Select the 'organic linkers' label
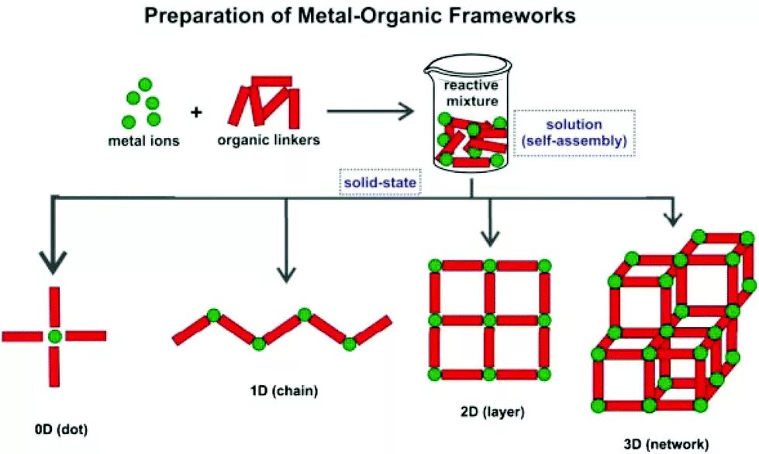pyautogui.click(x=268, y=141)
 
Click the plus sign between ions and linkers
pyautogui.click(x=196, y=112)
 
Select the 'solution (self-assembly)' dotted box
pyautogui.click(x=574, y=132)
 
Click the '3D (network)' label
pyautogui.click(x=666, y=444)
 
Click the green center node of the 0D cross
pyautogui.click(x=53, y=336)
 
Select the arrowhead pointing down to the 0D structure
pyautogui.click(x=53, y=263)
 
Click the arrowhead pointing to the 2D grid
pyautogui.click(x=488, y=236)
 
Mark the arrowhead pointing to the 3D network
pyautogui.click(x=673, y=220)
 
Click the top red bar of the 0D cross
pyautogui.click(x=53, y=308)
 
